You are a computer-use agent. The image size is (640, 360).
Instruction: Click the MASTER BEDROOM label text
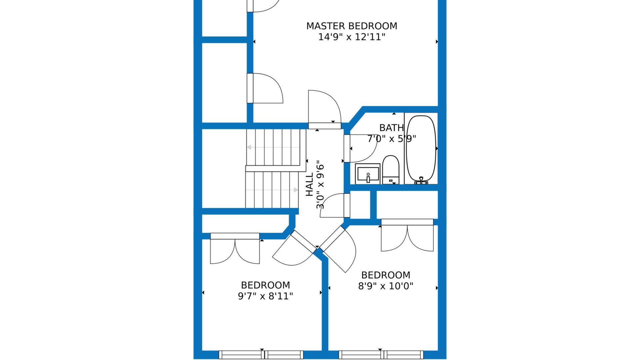pos(352,26)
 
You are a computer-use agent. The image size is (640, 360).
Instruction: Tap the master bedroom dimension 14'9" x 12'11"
pos(352,37)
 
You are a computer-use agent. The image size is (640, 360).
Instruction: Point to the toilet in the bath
pos(391,170)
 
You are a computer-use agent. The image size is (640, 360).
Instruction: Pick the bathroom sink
pos(368,174)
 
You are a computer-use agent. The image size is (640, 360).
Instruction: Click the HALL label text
pos(310,184)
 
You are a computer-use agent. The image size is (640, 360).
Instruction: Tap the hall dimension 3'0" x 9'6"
pos(320,185)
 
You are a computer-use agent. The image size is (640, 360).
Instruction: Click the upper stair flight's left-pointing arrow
pos(273,147)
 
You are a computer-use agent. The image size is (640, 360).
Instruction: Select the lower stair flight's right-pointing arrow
pos(272,190)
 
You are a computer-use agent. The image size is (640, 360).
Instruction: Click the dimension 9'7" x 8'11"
pos(265,296)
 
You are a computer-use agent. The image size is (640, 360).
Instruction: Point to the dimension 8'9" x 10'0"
pos(386,286)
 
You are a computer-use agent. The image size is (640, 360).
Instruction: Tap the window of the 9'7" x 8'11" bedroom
pos(261,355)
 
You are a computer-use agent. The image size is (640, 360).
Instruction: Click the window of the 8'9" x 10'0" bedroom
pos(381,355)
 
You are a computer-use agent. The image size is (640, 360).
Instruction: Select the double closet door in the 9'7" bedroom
pos(235,248)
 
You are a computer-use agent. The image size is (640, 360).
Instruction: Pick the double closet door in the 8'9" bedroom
pos(407,235)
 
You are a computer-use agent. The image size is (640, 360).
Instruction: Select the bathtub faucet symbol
pos(421,181)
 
